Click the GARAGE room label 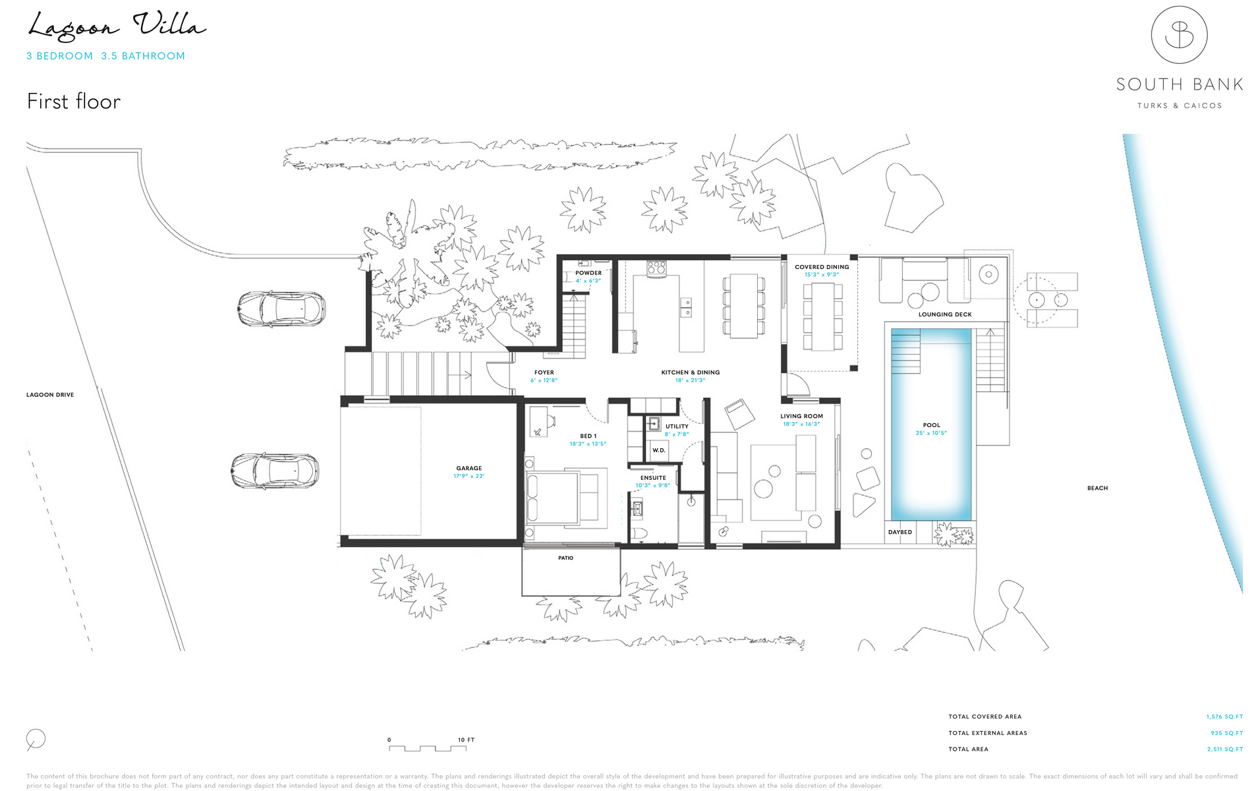pyautogui.click(x=469, y=468)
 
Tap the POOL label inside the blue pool pyautogui.click(x=931, y=425)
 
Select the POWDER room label pyautogui.click(x=588, y=273)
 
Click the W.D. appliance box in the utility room pyautogui.click(x=659, y=450)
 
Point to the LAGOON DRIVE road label pyautogui.click(x=50, y=395)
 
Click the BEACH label pyautogui.click(x=1097, y=488)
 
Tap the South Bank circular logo pyautogui.click(x=1179, y=35)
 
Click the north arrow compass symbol pyautogui.click(x=36, y=740)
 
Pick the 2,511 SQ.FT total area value pyautogui.click(x=1224, y=749)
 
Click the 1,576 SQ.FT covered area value pyautogui.click(x=1224, y=717)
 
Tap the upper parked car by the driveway pyautogui.click(x=281, y=308)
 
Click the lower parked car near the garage pyautogui.click(x=275, y=471)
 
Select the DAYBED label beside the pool pyautogui.click(x=899, y=532)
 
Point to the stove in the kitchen pyautogui.click(x=656, y=268)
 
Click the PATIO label pyautogui.click(x=565, y=558)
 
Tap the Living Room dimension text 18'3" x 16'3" pyautogui.click(x=801, y=425)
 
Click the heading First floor pyautogui.click(x=74, y=102)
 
